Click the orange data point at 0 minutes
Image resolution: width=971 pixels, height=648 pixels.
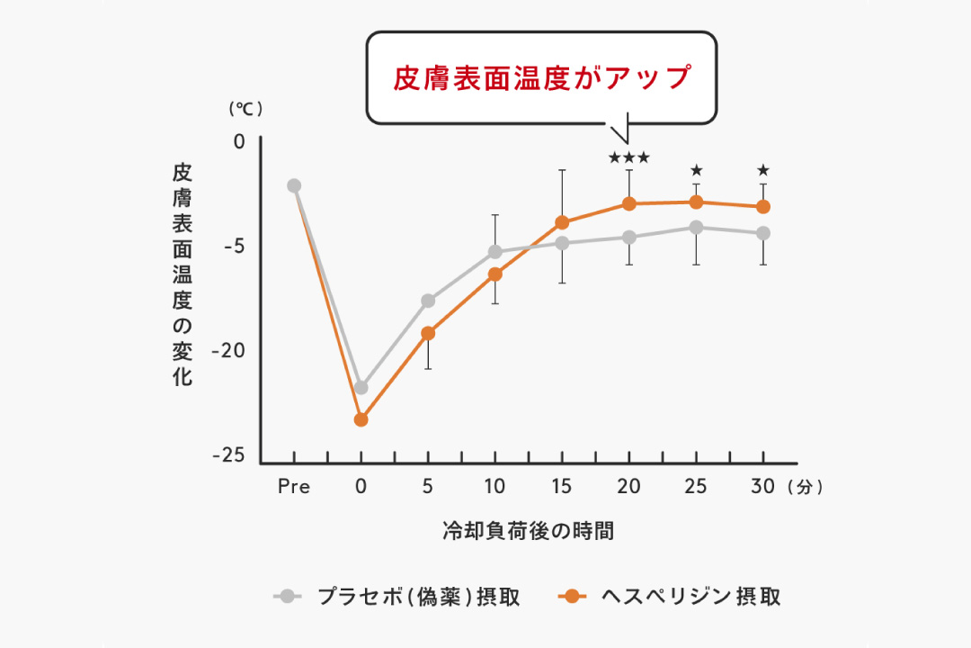(361, 419)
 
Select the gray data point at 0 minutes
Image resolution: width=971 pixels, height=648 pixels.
(361, 388)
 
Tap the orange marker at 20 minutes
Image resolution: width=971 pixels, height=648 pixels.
(629, 204)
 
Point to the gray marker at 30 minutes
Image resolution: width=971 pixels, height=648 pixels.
(763, 233)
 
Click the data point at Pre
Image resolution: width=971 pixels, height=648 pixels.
(294, 185)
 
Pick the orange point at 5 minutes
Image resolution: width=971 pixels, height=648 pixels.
(428, 333)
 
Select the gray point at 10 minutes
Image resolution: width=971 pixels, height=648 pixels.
(494, 252)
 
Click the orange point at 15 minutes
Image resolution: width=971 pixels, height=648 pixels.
(563, 222)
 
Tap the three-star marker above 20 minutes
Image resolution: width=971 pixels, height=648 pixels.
(629, 158)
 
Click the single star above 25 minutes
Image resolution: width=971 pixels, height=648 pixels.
(696, 170)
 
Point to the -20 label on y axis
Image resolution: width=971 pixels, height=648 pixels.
(228, 350)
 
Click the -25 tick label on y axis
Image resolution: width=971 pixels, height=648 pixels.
(228, 455)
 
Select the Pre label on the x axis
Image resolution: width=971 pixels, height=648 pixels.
(294, 487)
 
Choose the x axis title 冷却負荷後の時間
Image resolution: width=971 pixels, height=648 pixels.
(529, 530)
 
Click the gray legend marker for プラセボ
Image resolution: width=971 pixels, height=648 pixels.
(288, 596)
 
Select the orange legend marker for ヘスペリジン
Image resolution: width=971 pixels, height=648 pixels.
(571, 596)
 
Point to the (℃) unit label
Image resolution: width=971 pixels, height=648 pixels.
(245, 109)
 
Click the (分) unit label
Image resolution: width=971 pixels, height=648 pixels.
(804, 487)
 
